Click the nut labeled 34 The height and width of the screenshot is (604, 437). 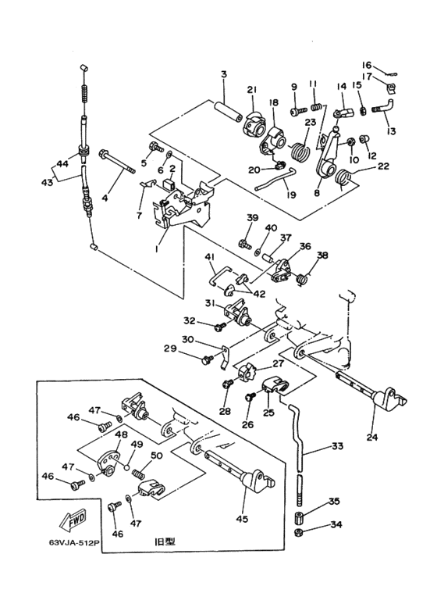coord(299,534)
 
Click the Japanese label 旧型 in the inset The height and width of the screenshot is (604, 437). coord(163,540)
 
